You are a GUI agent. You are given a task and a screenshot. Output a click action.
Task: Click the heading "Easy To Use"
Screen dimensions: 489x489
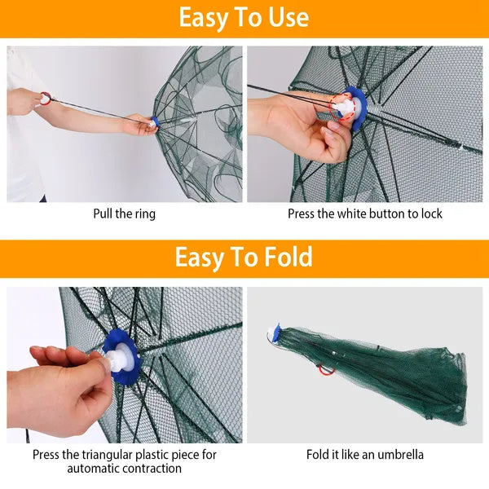tap(244, 18)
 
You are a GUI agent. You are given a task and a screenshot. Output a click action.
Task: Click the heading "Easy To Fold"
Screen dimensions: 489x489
tap(244, 258)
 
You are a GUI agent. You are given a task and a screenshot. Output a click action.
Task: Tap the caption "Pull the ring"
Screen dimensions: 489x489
tap(124, 214)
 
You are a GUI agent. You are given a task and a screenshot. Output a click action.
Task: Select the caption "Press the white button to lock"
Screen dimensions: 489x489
tap(364, 214)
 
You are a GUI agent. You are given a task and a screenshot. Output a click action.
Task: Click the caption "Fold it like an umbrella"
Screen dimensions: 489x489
tap(364, 455)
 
